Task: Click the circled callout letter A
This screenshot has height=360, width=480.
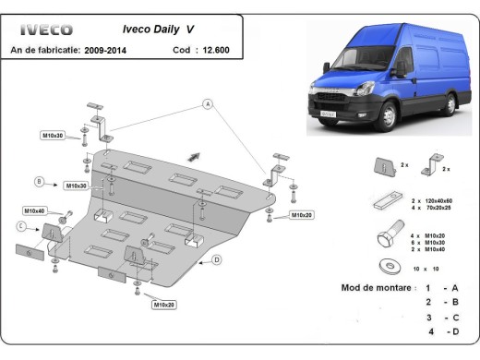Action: point(209,103)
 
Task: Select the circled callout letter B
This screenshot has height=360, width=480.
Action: point(39,180)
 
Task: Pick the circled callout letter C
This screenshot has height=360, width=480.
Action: point(20,226)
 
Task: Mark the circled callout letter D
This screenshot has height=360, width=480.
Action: point(216,260)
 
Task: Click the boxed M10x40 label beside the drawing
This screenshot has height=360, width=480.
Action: point(34,210)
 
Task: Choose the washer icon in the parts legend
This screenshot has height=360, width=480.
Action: point(382,268)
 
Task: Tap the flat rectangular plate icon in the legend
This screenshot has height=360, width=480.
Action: point(383,201)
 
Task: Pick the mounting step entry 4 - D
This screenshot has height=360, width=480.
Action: point(441,330)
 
